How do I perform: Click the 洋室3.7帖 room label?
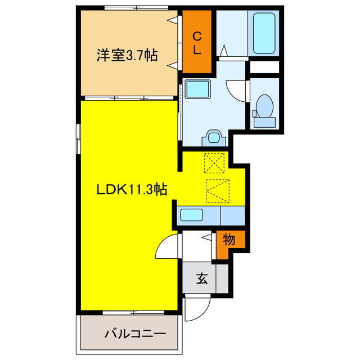click(x=126, y=55)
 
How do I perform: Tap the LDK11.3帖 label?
click(x=131, y=190)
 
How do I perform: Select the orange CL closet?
click(x=197, y=42)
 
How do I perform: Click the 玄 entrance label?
click(x=200, y=278)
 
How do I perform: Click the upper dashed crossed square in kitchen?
click(x=214, y=164)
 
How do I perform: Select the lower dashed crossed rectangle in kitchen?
click(x=218, y=190)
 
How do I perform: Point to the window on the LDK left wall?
click(x=79, y=138)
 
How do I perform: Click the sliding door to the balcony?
click(x=130, y=312)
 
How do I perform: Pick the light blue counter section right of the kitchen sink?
click(x=232, y=215)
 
